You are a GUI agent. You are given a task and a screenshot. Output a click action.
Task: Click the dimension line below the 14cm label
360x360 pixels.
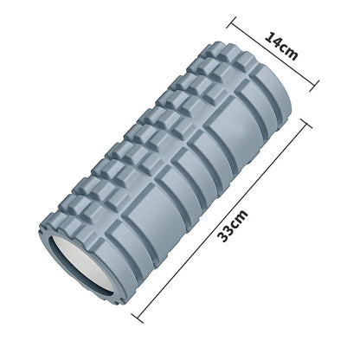(x=273, y=54)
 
